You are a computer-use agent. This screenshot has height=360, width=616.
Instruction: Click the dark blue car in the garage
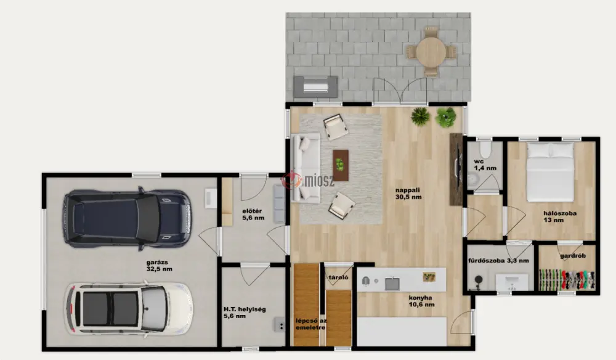click(x=128, y=218)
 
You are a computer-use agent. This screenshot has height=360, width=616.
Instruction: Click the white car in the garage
click(x=129, y=308)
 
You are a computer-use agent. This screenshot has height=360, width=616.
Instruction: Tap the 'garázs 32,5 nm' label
click(x=159, y=266)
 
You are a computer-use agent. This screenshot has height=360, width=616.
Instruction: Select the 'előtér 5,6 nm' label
click(x=253, y=215)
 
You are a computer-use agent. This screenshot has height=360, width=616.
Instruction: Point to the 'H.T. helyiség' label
click(x=245, y=309)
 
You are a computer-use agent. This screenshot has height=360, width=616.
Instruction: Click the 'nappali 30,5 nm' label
click(x=408, y=194)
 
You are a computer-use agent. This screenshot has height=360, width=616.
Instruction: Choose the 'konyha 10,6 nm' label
click(x=421, y=301)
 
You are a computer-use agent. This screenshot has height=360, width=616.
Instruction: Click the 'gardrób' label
click(x=573, y=255)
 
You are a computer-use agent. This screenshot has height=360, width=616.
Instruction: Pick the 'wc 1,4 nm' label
click(x=485, y=165)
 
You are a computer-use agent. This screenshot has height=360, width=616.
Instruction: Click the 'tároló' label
click(x=339, y=277)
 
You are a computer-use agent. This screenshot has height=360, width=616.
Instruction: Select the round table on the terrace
click(x=431, y=52)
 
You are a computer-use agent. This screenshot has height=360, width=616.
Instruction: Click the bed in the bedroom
click(x=550, y=172)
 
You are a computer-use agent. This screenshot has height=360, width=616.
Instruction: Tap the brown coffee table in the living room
click(x=341, y=165)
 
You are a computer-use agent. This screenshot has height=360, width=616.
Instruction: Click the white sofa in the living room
click(x=306, y=168)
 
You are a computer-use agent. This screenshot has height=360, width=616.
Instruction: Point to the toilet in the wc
click(x=485, y=149)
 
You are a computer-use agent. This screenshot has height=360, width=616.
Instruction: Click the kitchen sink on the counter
click(x=392, y=283)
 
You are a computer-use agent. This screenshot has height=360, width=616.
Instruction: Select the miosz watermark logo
click(x=309, y=181)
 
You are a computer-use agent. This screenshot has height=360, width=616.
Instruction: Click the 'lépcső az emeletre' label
click(x=311, y=324)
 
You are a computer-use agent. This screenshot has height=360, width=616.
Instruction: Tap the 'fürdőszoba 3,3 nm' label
click(x=498, y=260)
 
